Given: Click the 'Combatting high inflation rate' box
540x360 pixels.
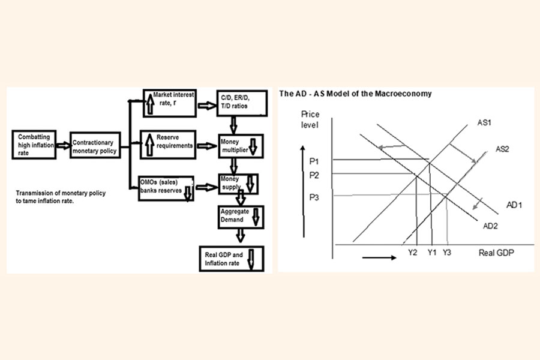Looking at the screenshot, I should [x=37, y=143].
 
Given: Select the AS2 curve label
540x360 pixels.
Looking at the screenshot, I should [x=502, y=149].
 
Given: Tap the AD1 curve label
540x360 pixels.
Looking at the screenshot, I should [x=514, y=205].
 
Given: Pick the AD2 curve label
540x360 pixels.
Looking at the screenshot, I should [x=491, y=225].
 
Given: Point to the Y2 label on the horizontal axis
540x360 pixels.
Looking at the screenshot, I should [x=412, y=253].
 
